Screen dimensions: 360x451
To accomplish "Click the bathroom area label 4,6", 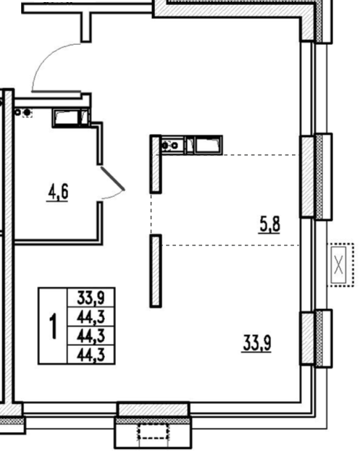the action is (x=59, y=192).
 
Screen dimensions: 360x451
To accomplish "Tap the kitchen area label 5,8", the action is (x=269, y=224).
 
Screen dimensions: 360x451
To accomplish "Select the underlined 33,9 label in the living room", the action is (x=256, y=343).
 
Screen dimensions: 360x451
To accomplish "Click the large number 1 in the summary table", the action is (x=53, y=326).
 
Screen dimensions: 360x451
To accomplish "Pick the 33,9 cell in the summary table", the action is (x=91, y=298).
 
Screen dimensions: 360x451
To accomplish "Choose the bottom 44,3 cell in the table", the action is (x=91, y=355).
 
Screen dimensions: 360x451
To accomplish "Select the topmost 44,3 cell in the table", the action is (x=91, y=316).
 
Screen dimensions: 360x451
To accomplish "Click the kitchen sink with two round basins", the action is (x=172, y=146).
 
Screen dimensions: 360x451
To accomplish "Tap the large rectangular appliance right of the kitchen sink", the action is (x=208, y=145).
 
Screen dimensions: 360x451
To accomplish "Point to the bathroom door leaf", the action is (x=112, y=179).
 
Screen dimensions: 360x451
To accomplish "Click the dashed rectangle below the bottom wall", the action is (x=153, y=431).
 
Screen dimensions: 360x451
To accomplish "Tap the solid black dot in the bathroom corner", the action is (x=27, y=113).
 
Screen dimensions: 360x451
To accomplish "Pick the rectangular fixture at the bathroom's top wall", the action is (x=71, y=118).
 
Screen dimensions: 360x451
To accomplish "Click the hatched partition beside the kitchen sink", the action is (x=156, y=164).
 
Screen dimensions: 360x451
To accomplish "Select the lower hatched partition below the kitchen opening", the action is (x=156, y=271).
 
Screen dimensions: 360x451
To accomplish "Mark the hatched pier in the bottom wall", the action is (x=154, y=409).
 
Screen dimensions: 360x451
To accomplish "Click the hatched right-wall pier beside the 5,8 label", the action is (x=307, y=177).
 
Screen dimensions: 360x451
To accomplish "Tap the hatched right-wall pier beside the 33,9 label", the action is (x=307, y=338).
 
